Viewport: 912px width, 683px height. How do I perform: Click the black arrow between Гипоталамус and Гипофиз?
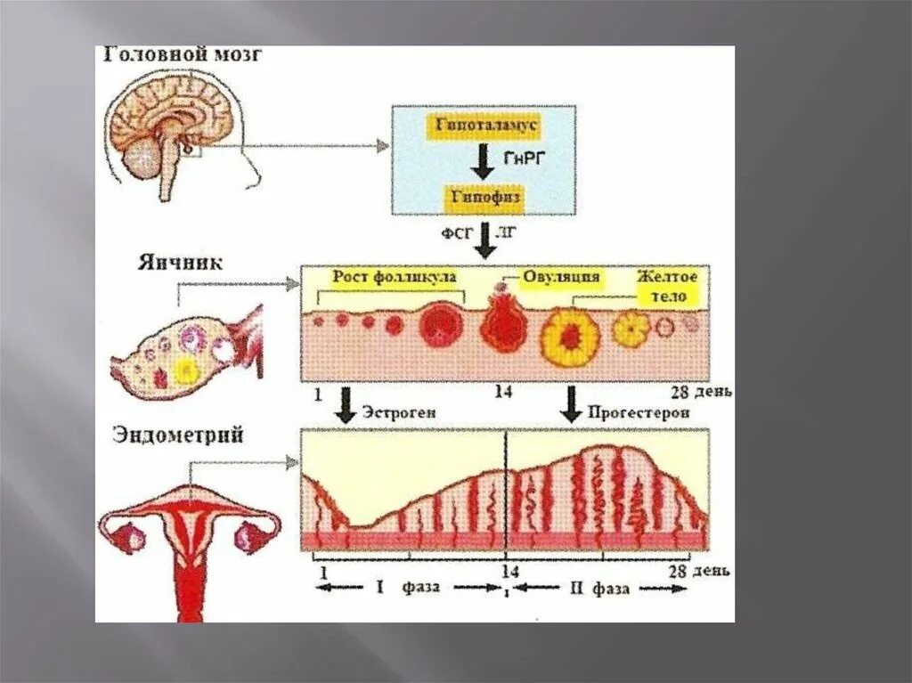(x=482, y=160)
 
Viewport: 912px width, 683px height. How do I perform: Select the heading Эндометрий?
(x=178, y=435)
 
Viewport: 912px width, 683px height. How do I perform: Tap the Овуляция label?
(x=560, y=277)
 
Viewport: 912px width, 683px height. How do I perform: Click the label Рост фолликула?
(x=395, y=276)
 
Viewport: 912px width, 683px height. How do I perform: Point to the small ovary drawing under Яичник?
(x=183, y=352)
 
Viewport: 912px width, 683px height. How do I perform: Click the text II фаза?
(x=599, y=588)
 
